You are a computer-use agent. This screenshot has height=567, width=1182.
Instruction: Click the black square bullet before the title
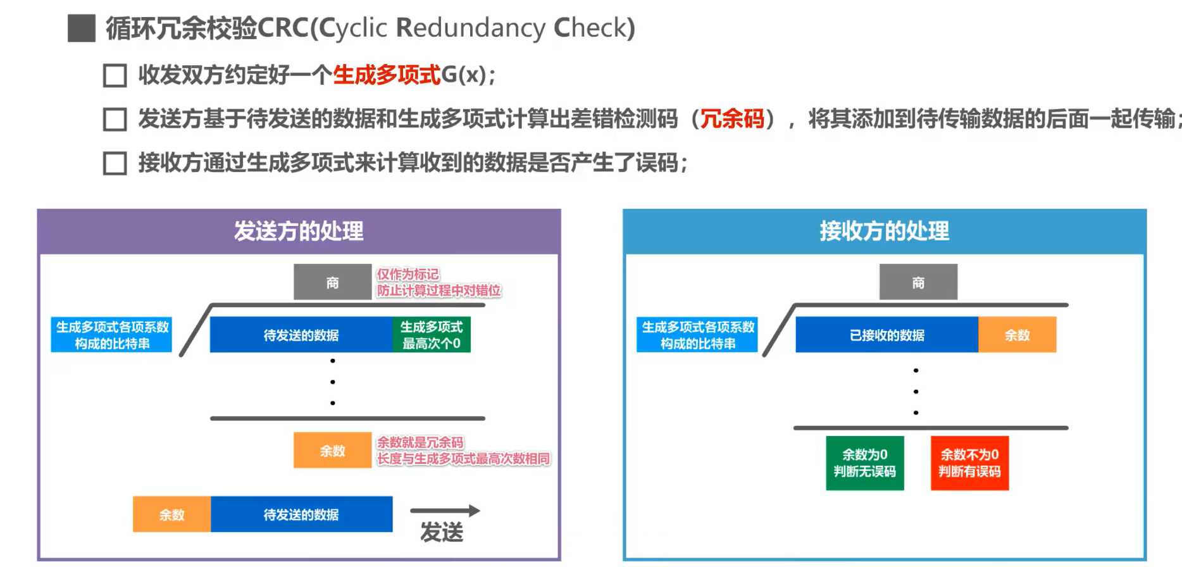[82, 28]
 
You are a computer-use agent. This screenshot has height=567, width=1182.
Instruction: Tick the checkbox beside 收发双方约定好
[115, 75]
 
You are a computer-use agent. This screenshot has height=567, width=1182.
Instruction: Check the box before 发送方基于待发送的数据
[115, 119]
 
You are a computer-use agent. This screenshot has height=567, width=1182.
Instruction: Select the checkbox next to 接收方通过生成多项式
[115, 163]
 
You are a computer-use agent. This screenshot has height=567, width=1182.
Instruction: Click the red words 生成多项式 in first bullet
[386, 75]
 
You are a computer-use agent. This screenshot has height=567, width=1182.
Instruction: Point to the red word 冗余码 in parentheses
[732, 118]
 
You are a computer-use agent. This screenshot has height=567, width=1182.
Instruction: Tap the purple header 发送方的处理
[299, 232]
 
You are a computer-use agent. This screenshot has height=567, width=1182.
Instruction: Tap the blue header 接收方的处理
[884, 232]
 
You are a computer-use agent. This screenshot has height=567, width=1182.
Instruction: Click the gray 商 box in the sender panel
[332, 282]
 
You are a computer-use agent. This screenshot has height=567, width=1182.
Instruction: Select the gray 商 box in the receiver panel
[918, 282]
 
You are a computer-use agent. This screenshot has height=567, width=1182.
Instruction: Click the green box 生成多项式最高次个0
[432, 335]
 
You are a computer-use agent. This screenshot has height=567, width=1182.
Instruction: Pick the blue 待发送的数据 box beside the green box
[301, 335]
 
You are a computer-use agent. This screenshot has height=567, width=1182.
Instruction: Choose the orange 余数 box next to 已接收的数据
[1017, 335]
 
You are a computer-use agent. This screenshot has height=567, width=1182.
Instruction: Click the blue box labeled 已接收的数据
[886, 335]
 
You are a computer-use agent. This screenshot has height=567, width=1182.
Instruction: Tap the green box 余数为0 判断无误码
[864, 463]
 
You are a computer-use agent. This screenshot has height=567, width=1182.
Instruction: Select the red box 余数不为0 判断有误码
[969, 463]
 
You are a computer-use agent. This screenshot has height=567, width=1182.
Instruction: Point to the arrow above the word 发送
[445, 511]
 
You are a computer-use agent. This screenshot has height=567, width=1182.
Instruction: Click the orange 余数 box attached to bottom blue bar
[171, 514]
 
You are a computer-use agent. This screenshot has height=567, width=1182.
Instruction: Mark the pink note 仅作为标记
[407, 275]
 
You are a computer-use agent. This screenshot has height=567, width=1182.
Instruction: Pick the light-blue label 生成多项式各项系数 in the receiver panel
[697, 335]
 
